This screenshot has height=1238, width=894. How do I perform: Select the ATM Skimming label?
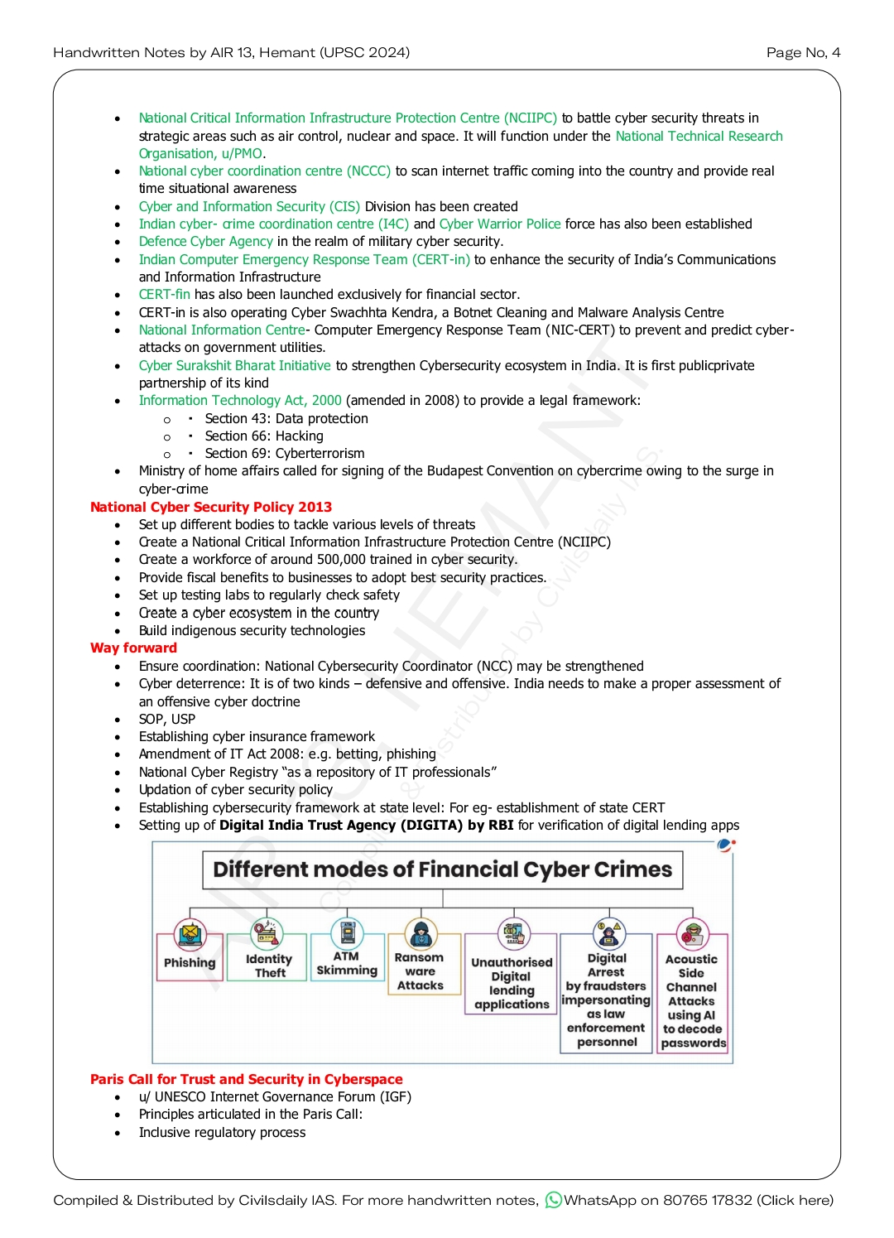point(347,963)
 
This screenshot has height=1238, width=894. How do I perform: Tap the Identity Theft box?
point(269,966)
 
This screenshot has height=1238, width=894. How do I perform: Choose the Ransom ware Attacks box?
point(420,971)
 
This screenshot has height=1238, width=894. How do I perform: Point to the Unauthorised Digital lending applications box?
point(512,983)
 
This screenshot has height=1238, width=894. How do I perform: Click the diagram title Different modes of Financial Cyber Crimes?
point(443,869)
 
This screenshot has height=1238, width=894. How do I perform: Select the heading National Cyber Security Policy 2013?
point(211,507)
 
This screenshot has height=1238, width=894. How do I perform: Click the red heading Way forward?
point(133,648)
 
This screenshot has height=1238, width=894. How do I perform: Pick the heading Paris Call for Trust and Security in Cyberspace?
point(247,1079)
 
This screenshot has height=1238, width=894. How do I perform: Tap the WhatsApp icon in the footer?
point(554,1200)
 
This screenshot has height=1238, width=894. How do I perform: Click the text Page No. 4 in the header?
point(803,52)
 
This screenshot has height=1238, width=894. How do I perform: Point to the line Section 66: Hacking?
point(264,436)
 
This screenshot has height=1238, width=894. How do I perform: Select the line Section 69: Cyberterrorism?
point(285,453)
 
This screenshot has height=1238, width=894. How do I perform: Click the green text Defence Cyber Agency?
point(206,241)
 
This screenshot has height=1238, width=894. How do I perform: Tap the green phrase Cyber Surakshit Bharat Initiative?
point(235,365)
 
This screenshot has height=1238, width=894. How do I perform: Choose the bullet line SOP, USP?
point(167,719)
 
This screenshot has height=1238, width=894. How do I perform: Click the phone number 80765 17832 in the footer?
point(708,1200)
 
